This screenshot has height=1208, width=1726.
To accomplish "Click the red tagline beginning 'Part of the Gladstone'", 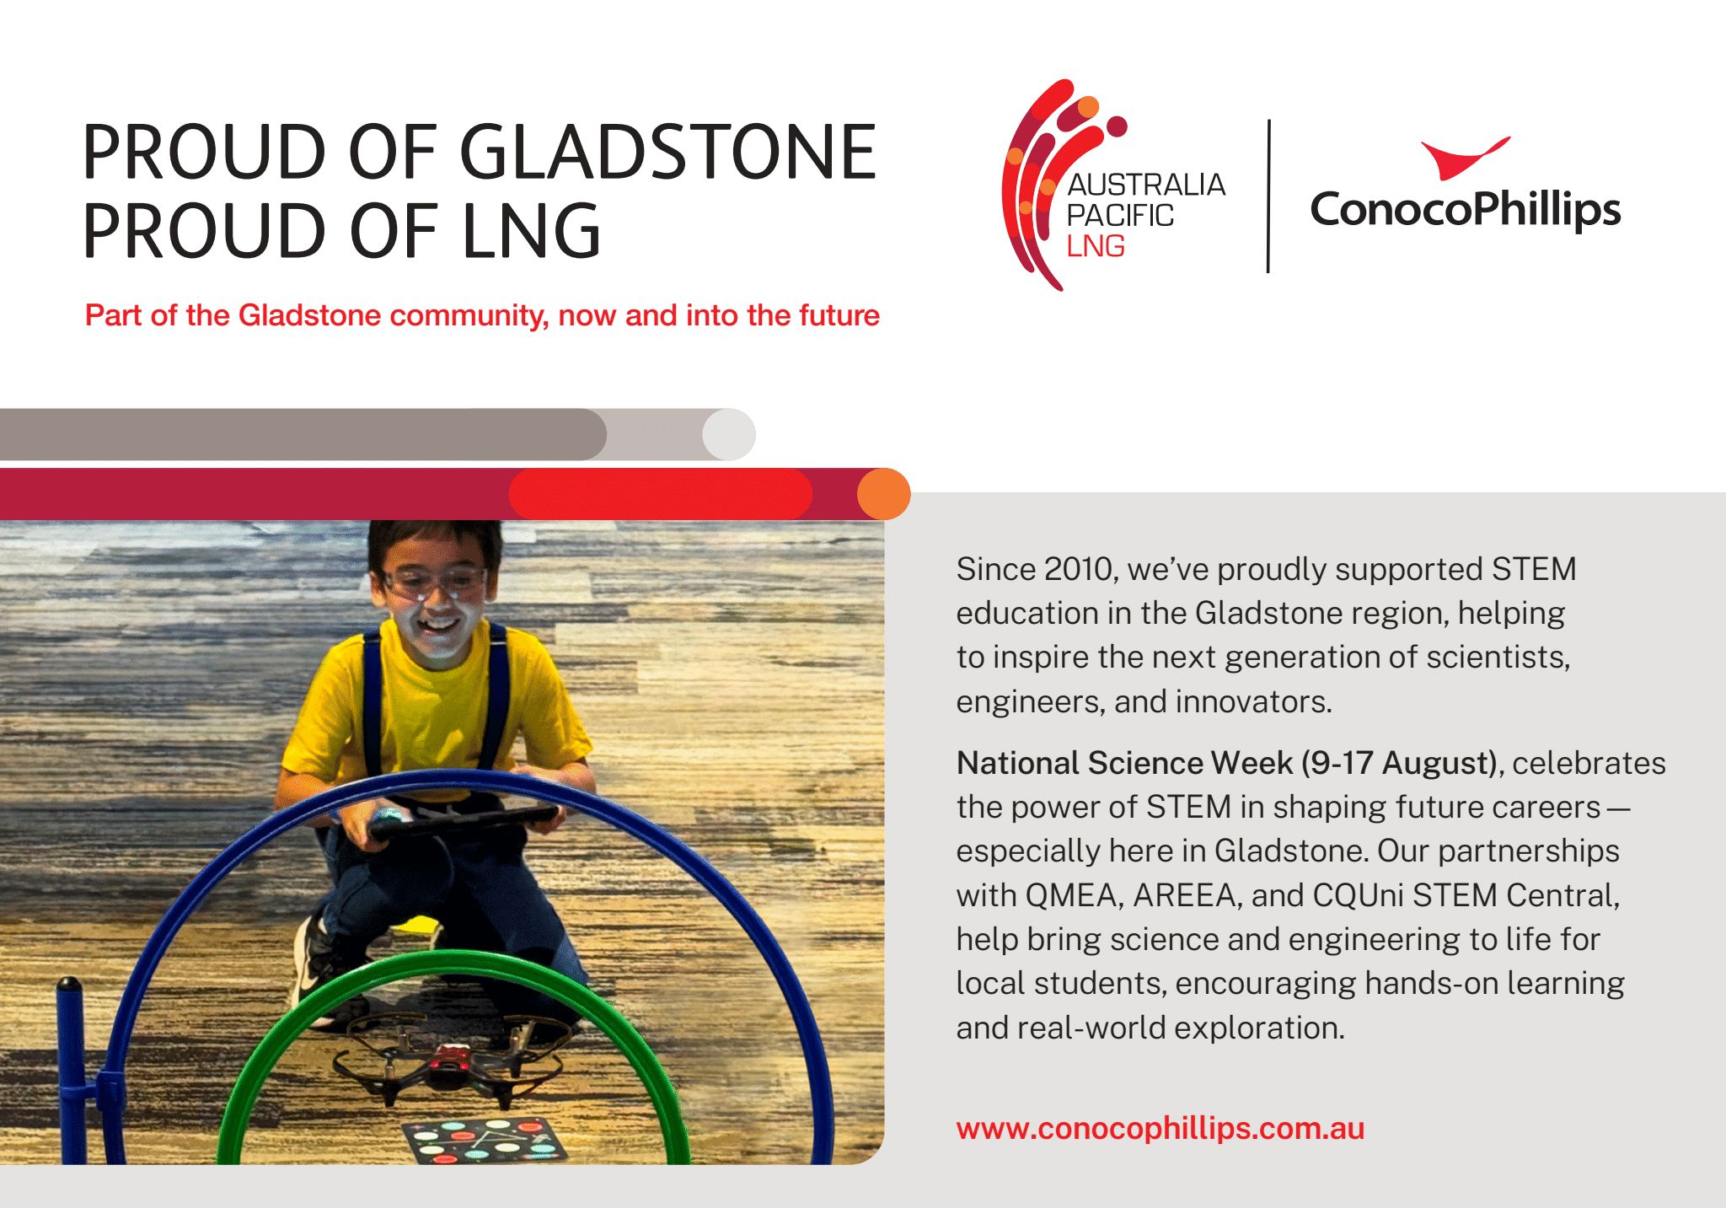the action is tap(482, 315).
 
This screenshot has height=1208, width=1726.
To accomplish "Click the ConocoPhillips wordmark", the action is tap(1466, 209).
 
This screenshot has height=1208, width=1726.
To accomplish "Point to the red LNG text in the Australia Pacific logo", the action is tap(1096, 246).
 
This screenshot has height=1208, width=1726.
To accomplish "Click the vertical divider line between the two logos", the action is tap(1268, 196).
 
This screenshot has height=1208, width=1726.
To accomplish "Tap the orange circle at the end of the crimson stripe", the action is tap(884, 494).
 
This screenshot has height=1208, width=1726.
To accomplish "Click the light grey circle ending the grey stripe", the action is tap(729, 434).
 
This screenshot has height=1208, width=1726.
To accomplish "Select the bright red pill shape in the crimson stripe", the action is tap(661, 494).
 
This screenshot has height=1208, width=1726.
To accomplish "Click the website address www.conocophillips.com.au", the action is tap(1160, 1129).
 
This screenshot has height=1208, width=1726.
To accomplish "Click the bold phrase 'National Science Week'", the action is tap(1124, 763).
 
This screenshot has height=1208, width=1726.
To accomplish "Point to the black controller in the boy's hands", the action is tap(464, 820).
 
